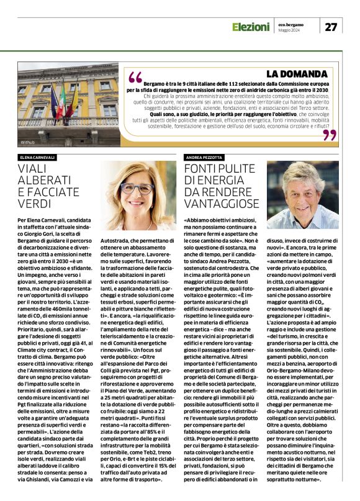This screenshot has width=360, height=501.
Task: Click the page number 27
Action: (x=331, y=27)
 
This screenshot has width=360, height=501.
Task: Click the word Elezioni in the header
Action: (x=251, y=27)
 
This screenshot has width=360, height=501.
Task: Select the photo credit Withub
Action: (x=27, y=143)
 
